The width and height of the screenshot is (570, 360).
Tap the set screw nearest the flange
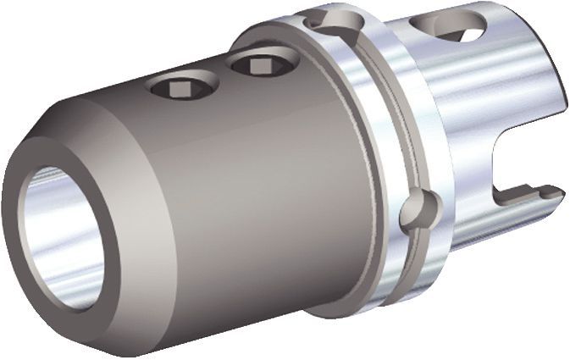255,63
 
